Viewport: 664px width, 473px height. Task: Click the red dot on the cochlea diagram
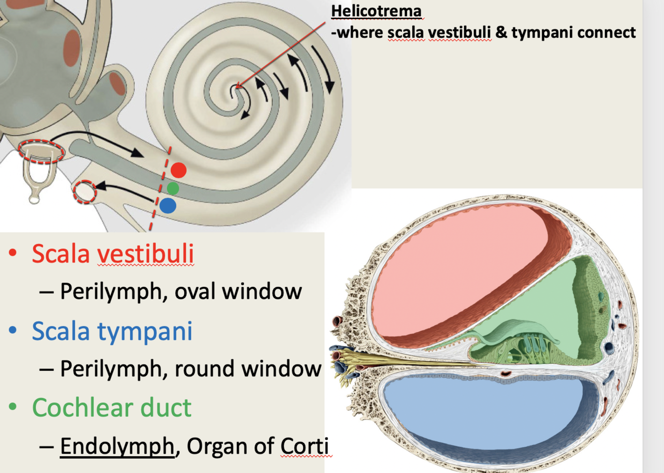coord(179,170)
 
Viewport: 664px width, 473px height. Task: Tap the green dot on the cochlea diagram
coord(173,188)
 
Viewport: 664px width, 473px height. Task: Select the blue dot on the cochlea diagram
coord(168,205)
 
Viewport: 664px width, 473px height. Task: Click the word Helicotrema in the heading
coord(376,10)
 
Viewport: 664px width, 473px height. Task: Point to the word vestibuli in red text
coord(145,253)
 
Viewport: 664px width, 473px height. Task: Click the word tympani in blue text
coord(144,331)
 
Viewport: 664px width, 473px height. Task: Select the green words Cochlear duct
coord(111,408)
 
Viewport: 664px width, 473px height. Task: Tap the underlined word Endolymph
coord(117,446)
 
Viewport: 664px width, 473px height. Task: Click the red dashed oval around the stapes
coord(41,151)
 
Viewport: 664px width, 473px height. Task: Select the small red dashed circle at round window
coord(85,192)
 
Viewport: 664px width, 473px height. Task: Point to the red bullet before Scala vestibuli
coord(13,253)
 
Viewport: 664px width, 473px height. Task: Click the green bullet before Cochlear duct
coord(13,408)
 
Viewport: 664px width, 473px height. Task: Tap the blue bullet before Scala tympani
coord(13,331)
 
